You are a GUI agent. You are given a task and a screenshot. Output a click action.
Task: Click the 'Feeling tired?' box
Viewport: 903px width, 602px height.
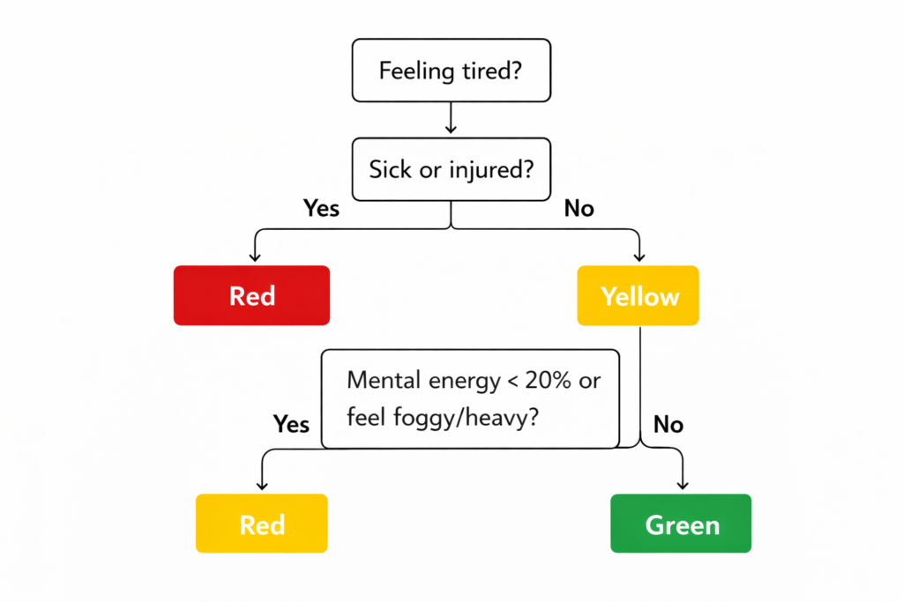(451, 71)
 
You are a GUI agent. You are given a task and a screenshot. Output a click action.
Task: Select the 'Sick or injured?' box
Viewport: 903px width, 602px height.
(451, 169)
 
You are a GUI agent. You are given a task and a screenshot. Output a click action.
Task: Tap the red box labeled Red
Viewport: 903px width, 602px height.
(251, 295)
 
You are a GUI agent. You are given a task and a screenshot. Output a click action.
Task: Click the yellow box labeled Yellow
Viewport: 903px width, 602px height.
(638, 295)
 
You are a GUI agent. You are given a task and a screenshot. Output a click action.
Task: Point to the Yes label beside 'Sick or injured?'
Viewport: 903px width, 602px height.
(322, 209)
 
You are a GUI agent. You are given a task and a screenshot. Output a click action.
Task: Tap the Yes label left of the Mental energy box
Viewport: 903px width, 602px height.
(291, 425)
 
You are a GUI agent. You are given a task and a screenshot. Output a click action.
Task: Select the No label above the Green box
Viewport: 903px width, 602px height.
(668, 425)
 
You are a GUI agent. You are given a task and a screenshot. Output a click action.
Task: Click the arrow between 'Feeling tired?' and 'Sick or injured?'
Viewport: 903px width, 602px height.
(451, 119)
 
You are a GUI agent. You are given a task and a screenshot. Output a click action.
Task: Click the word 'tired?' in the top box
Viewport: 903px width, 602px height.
(492, 71)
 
